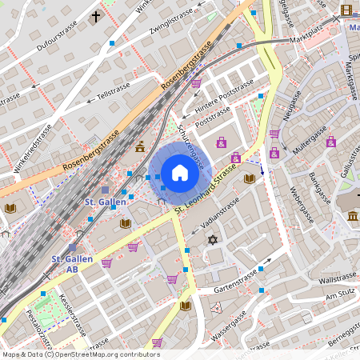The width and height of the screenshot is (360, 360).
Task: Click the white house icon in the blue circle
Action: point(179,172)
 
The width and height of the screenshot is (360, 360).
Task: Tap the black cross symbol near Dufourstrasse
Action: point(96,16)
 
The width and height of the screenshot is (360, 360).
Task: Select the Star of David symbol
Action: point(213,240)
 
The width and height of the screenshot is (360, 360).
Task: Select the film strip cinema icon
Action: point(346,10)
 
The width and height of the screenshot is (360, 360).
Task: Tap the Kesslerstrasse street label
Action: point(73,315)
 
